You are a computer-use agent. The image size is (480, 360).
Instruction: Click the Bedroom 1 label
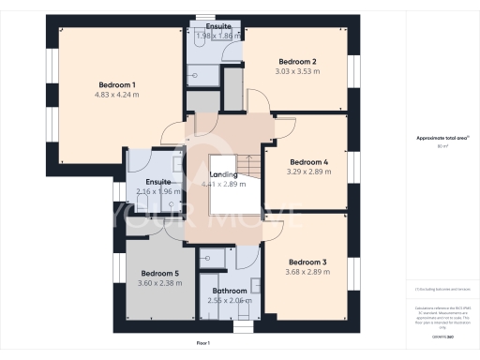tap(115, 85)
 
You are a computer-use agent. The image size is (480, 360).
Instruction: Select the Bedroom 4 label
tap(307, 161)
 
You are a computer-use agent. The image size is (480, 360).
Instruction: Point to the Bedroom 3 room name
tap(307, 262)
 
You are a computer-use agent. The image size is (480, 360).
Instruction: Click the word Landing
tap(223, 174)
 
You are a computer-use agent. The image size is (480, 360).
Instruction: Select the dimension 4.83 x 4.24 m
tap(115, 95)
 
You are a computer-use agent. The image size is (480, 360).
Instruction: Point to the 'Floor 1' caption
tap(203, 344)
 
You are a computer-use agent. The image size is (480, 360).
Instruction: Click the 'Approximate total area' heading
tap(442, 138)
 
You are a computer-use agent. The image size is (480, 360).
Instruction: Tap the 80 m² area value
tap(442, 146)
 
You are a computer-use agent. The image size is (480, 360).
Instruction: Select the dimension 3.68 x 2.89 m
tap(307, 271)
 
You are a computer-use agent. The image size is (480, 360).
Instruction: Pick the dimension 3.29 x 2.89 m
tap(307, 171)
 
